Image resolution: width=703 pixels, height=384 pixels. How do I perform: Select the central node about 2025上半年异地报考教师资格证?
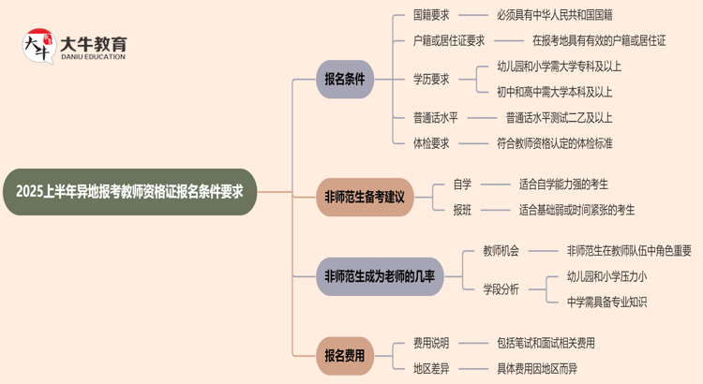[x=129, y=192]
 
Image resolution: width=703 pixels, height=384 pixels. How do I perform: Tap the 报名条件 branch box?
[x=344, y=80]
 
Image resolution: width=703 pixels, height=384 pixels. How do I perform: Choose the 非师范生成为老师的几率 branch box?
[x=379, y=276]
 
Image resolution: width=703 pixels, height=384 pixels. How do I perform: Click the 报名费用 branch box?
[x=344, y=356]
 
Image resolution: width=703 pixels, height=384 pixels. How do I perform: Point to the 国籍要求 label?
[x=432, y=16]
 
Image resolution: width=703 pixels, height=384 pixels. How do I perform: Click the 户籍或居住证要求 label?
[x=449, y=40]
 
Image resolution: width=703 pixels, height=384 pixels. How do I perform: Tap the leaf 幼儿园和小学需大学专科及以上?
[x=559, y=66]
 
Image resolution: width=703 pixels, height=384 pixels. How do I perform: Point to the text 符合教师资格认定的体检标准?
[x=555, y=143]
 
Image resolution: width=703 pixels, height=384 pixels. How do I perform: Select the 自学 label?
[x=462, y=185]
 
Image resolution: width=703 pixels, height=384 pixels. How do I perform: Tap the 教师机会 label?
[x=501, y=251]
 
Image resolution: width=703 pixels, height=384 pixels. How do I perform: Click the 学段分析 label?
[x=501, y=289]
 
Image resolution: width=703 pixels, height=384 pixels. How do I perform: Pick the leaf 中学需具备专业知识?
[x=606, y=302]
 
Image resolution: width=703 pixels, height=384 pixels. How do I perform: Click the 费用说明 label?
[x=432, y=343]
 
